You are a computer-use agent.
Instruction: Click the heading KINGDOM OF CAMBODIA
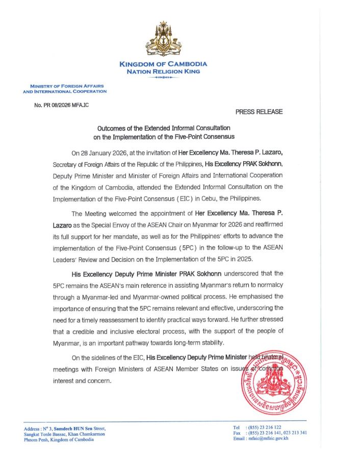pyautogui.click(x=163, y=64)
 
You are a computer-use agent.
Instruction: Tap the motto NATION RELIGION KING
pyautogui.click(x=163, y=72)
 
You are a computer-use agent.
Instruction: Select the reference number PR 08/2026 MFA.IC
pyautogui.click(x=61, y=105)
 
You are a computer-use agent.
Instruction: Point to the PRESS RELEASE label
pyautogui.click(x=259, y=112)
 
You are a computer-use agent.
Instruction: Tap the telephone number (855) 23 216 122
pyautogui.click(x=267, y=427)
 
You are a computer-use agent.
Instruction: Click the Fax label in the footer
pyautogui.click(x=237, y=433)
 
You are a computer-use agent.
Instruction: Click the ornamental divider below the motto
pyautogui.click(x=163, y=78)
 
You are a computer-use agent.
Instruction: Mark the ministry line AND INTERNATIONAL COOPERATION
pyautogui.click(x=65, y=91)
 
